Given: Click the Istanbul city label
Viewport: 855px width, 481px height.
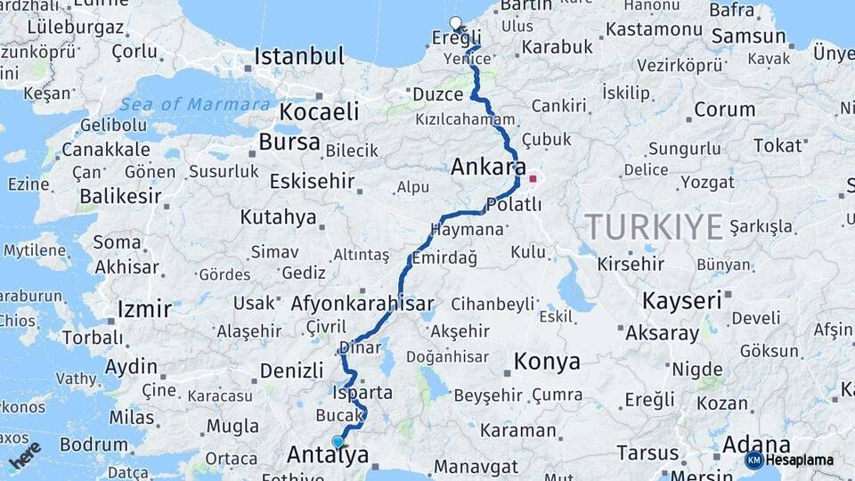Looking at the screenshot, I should pos(299,57).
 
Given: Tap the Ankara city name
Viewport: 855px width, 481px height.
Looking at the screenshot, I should pos(488,167).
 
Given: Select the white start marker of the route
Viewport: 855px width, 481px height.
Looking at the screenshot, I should pos(456,23).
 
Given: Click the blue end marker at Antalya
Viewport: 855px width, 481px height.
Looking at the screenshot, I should pos(338,442).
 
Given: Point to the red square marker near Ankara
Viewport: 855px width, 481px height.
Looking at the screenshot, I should pos(533,179).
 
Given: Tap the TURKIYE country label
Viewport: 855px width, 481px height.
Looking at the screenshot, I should pos(654,227).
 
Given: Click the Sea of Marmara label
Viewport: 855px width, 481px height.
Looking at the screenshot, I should pos(194,104).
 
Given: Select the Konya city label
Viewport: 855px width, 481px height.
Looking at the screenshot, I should pos(547,362).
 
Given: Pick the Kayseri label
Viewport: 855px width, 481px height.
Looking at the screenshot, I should pos(681,300).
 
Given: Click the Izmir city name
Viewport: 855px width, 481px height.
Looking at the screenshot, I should pos(143,310).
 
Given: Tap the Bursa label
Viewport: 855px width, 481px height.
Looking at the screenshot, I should pos(289,142).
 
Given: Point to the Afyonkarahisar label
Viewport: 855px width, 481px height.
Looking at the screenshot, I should pos(362,303).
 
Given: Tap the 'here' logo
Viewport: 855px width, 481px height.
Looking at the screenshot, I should pos(25,456).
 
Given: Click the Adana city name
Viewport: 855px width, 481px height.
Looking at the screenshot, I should pos(756,444).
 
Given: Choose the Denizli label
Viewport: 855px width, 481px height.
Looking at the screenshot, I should pos(291,370).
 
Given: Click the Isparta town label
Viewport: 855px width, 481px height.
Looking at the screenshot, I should pos(362,392).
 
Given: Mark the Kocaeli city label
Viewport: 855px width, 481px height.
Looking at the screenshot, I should pos(319,111).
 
